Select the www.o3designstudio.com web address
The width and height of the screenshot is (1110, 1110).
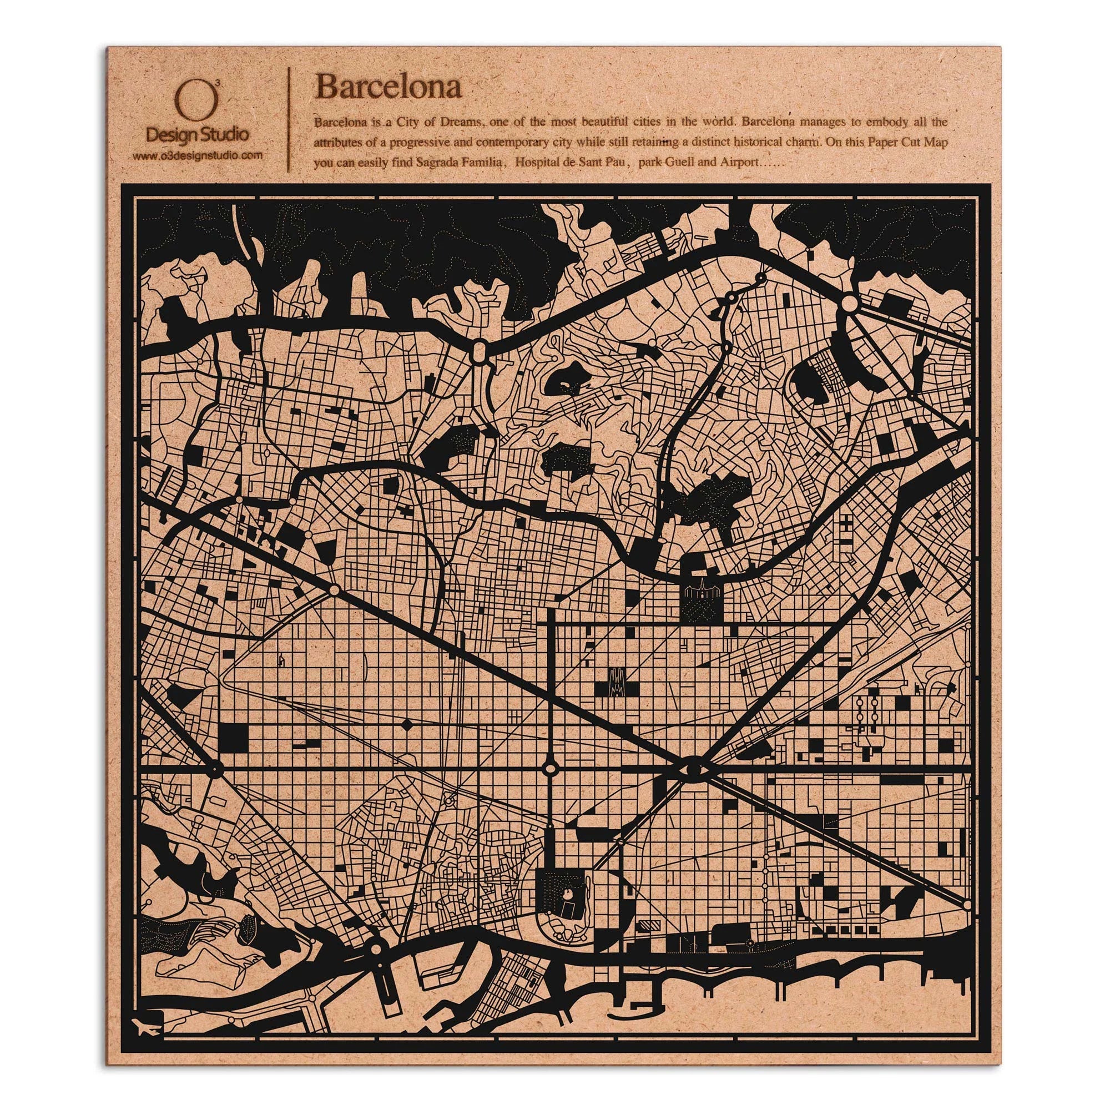[x=198, y=155]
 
